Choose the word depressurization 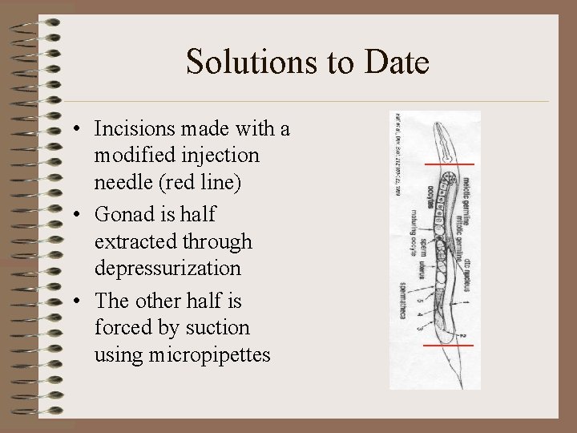tap(167, 268)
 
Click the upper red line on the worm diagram tap(449, 164)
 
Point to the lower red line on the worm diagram tap(449, 345)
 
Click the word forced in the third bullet tap(119, 328)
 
